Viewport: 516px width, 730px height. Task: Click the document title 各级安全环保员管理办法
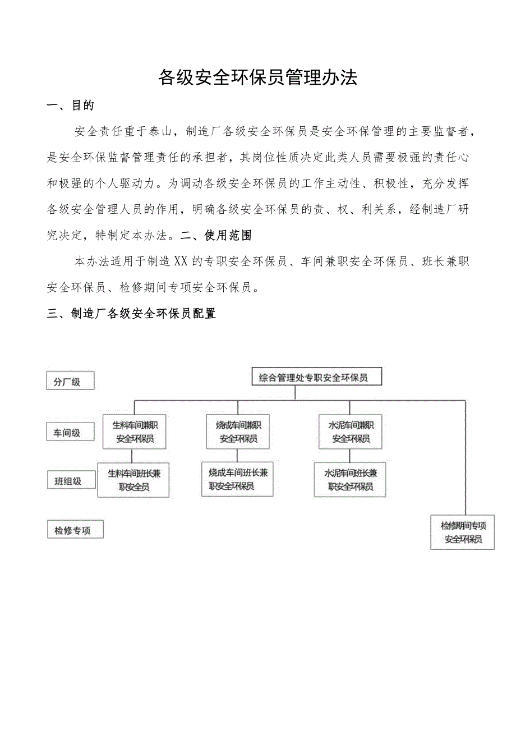point(258,78)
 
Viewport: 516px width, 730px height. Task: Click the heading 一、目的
point(71,105)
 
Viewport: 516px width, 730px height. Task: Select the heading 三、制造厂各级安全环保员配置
point(132,314)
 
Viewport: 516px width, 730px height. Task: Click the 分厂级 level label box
point(70,382)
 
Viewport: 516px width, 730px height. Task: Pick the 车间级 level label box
point(70,432)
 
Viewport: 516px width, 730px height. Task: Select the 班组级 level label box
point(70,481)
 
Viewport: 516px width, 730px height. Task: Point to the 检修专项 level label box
point(75,530)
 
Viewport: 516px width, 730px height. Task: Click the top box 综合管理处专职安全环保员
point(316,377)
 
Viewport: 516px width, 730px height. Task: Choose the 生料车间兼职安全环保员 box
point(135,432)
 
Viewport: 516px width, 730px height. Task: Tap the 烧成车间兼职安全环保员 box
point(238,432)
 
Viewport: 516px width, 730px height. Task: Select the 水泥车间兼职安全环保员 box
point(351,432)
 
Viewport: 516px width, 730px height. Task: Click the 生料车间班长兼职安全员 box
point(133,480)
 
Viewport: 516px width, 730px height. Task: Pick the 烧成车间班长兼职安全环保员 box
point(237,479)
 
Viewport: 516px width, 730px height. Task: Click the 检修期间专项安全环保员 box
point(463,532)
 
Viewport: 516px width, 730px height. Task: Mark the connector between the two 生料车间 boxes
point(132,456)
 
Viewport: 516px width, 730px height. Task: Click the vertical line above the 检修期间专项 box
point(465,457)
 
